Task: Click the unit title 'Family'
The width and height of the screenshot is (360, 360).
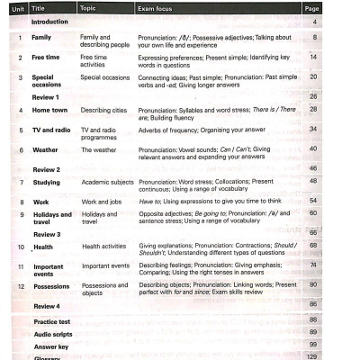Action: (x=41, y=39)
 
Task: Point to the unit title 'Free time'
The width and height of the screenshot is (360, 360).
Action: (x=45, y=58)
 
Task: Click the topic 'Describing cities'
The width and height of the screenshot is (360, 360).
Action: (x=105, y=111)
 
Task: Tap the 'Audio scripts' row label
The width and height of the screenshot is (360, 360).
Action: (x=51, y=333)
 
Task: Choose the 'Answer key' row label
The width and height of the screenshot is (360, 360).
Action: (x=49, y=345)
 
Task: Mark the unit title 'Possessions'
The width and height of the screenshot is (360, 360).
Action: (x=51, y=286)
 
